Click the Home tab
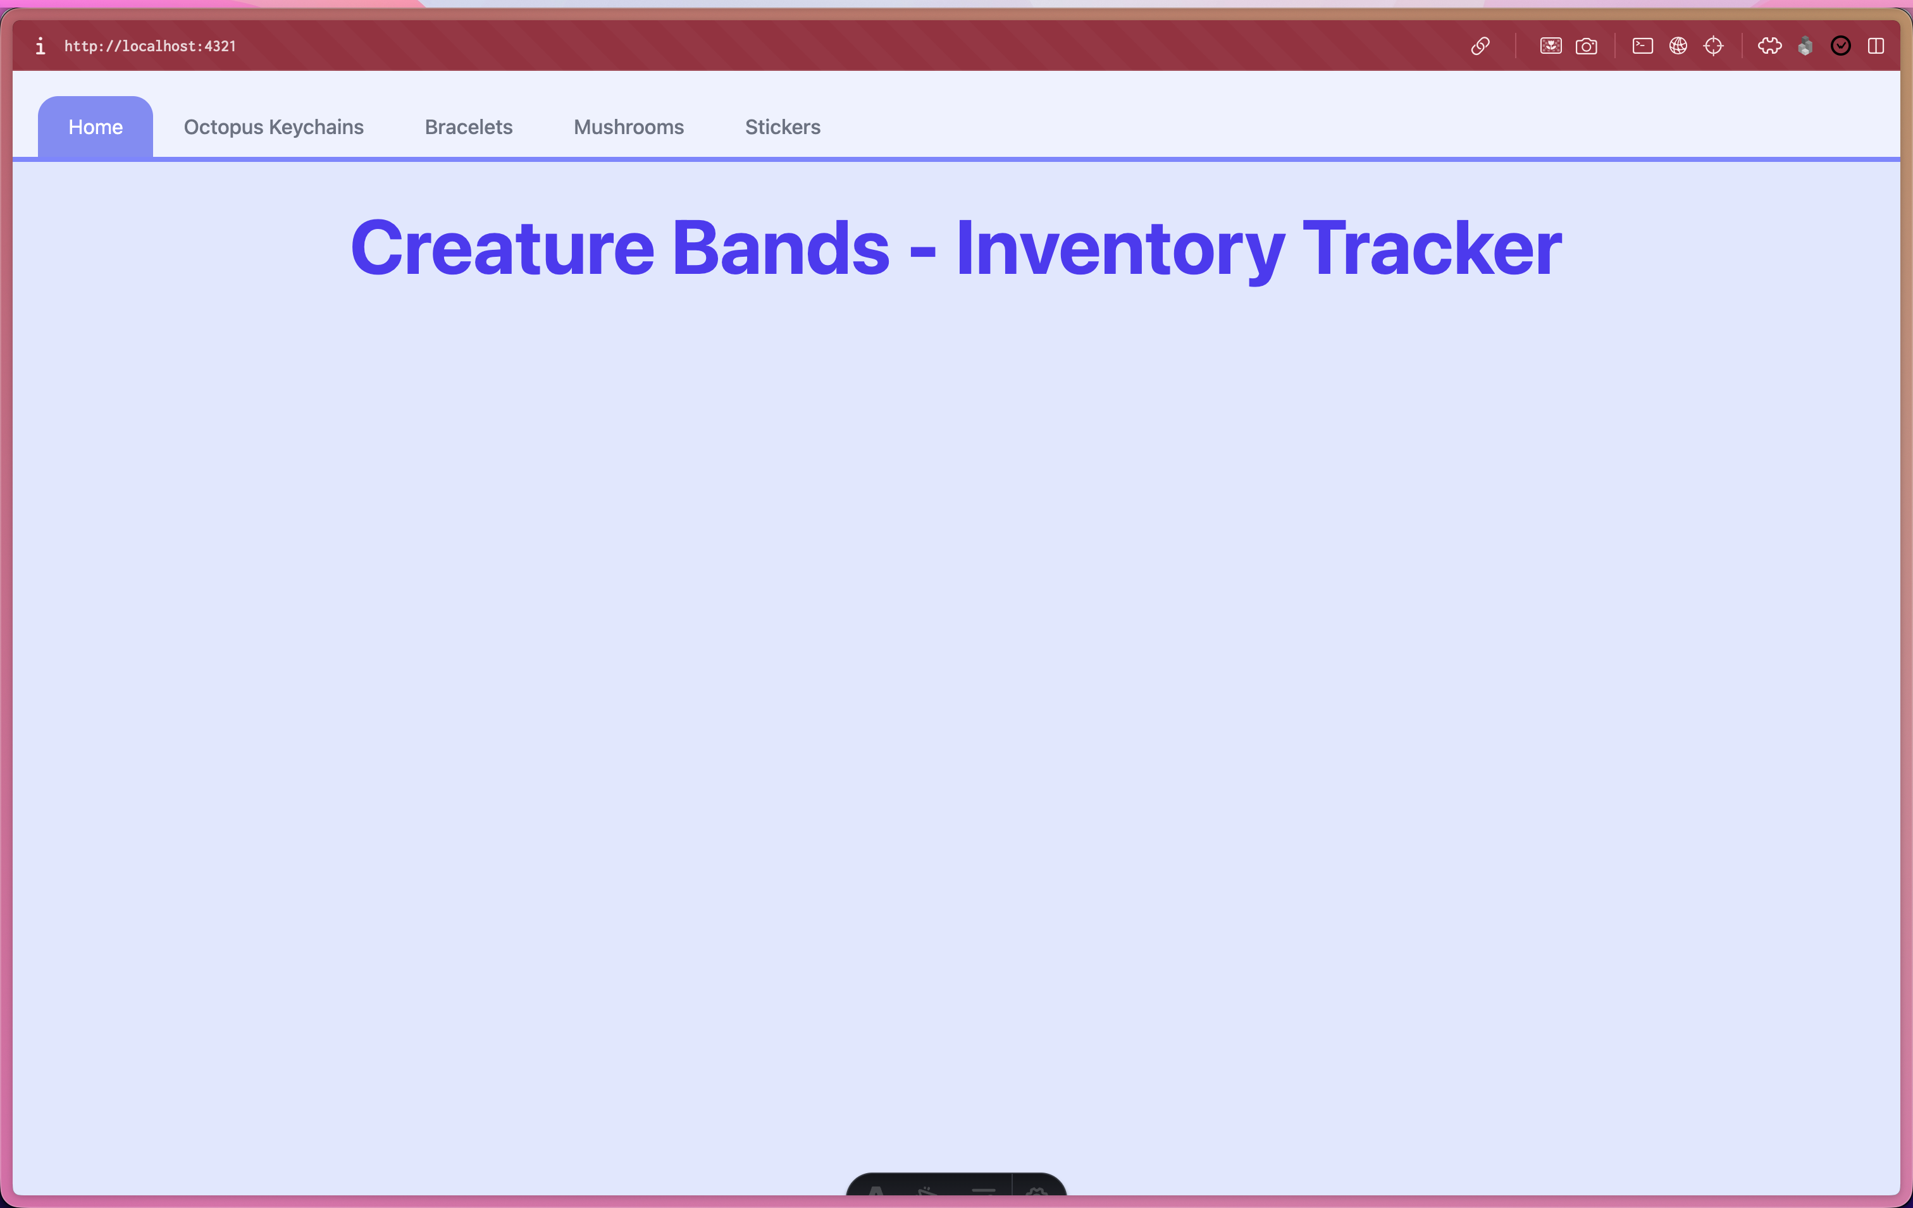click(96, 127)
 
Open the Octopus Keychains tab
click(273, 127)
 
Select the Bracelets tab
click(469, 127)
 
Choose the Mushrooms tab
click(628, 127)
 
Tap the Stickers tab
click(783, 127)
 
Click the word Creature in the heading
click(503, 249)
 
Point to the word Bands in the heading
click(781, 249)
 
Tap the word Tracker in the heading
click(1432, 249)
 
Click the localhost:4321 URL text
click(150, 46)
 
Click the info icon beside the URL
click(40, 46)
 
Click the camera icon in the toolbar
click(1587, 46)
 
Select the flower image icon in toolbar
click(1551, 46)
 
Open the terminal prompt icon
click(1643, 46)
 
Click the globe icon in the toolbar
click(1678, 46)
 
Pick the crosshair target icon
click(1714, 46)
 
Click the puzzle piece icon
click(1770, 46)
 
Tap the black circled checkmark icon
click(1841, 46)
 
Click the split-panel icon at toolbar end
click(1876, 46)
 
